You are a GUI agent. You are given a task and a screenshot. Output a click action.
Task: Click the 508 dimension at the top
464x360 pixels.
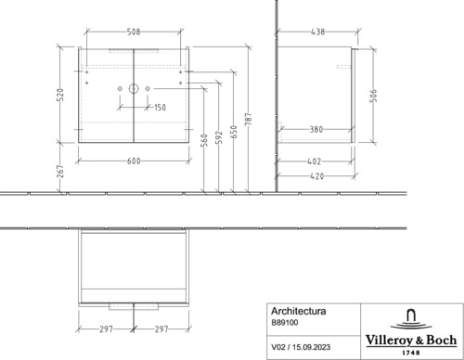[134, 32]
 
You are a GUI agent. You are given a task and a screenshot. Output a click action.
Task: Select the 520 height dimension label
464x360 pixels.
[61, 95]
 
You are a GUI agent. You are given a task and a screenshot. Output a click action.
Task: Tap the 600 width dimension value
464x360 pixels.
[134, 161]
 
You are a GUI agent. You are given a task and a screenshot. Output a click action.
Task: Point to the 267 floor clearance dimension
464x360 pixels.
[61, 172]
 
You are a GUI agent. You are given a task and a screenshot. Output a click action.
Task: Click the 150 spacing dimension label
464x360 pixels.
[160, 108]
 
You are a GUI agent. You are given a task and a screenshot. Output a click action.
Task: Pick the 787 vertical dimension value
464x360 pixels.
[249, 120]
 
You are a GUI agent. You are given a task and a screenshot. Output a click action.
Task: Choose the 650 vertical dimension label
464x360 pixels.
[234, 132]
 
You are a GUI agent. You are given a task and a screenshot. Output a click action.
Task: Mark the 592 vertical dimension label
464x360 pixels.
[219, 137]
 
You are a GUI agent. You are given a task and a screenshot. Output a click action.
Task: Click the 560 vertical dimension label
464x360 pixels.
[204, 140]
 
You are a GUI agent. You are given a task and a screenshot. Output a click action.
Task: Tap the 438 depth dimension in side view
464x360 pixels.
[318, 32]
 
